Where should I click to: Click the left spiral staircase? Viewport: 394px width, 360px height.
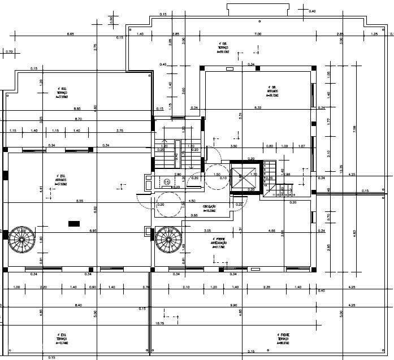pyautogui.click(x=22, y=240)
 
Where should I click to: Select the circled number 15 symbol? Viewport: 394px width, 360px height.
pyautogui.click(x=167, y=181)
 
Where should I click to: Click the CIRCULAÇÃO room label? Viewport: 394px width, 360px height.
pyautogui.click(x=210, y=208)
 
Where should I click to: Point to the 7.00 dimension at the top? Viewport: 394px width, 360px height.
pyautogui.click(x=258, y=34)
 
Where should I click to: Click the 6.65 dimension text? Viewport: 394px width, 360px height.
pyautogui.click(x=71, y=34)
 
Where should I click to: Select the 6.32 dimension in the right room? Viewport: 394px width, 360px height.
pyautogui.click(x=258, y=107)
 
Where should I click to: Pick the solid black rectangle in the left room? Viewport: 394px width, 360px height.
pyautogui.click(x=74, y=224)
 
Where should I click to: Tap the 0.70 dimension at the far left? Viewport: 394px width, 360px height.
pyautogui.click(x=8, y=51)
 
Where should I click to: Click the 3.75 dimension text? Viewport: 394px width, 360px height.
pyautogui.click(x=120, y=131)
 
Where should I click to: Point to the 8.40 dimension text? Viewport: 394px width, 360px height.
pyautogui.click(x=78, y=305)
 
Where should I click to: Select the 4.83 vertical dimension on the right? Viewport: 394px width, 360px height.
pyautogui.click(x=355, y=232)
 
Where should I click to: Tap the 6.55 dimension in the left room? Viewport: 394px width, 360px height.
pyautogui.click(x=80, y=201)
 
